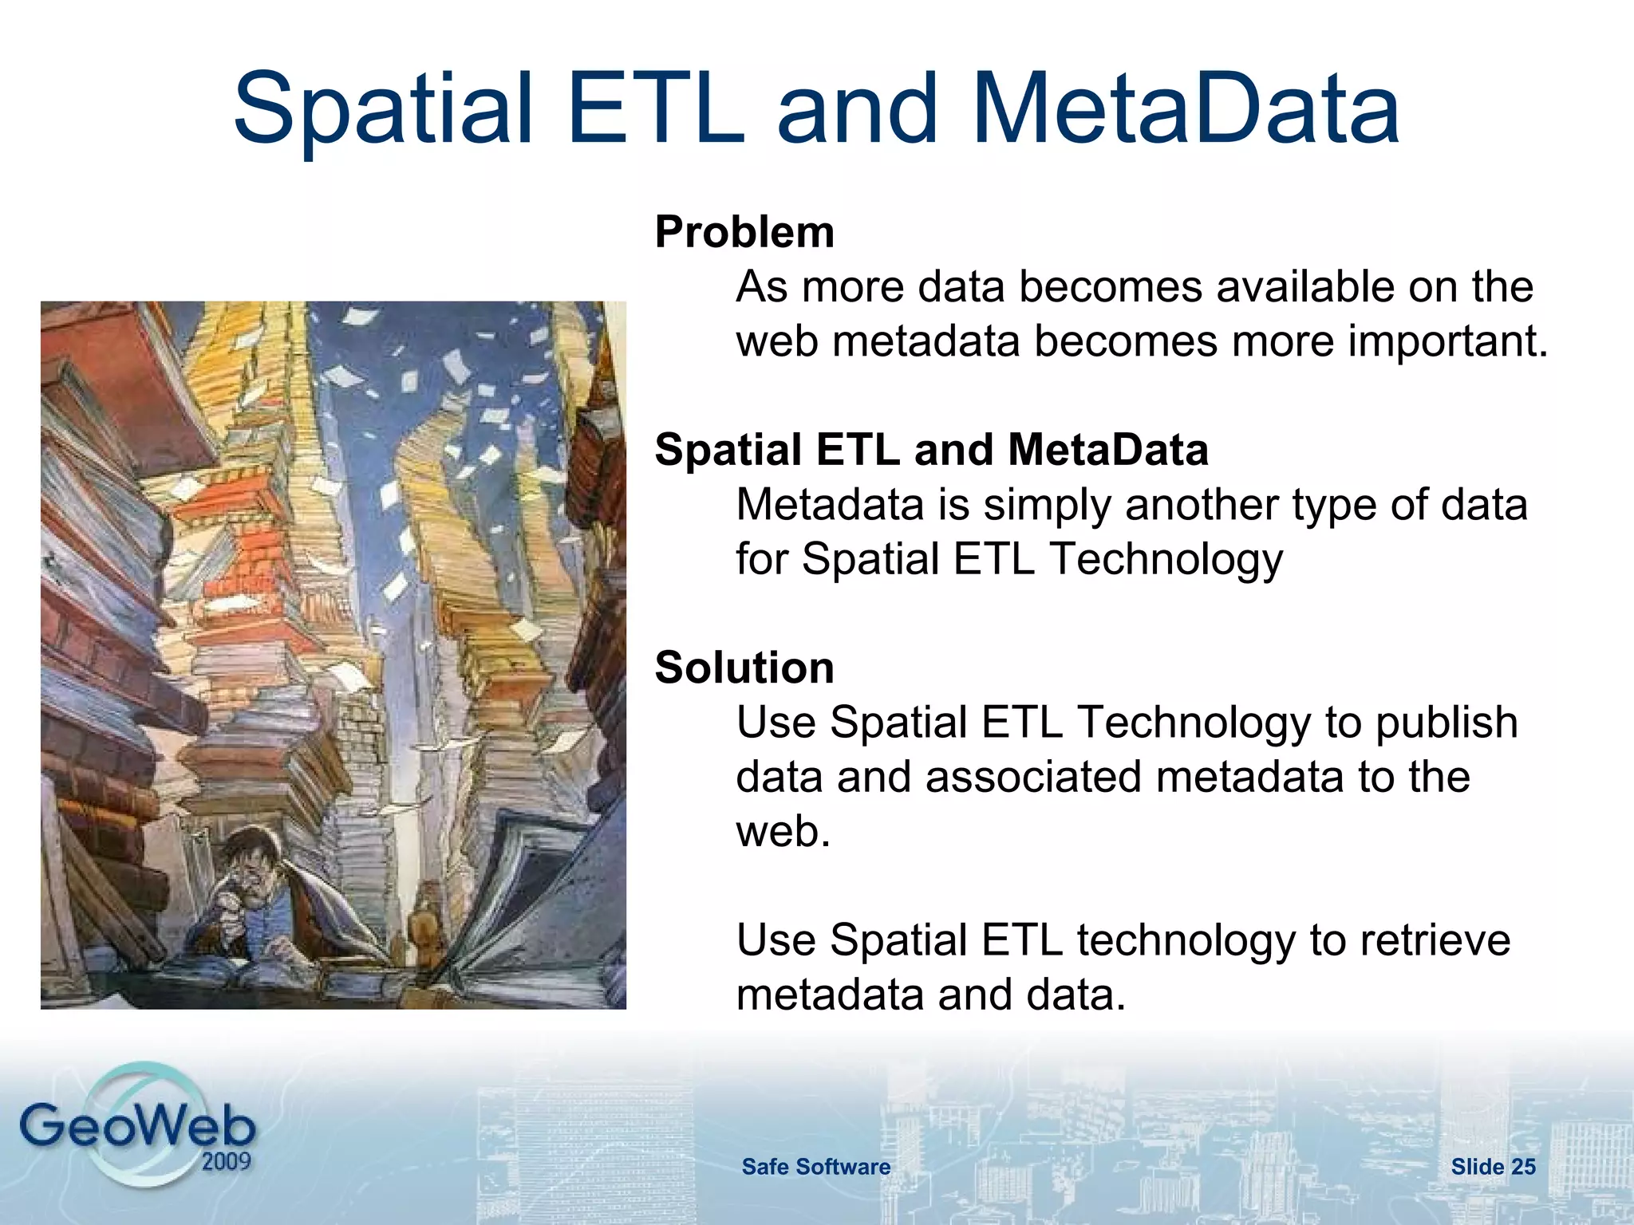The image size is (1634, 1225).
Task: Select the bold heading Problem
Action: coord(744,232)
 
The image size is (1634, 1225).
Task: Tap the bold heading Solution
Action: coord(744,668)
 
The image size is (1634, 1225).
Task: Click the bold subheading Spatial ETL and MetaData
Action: coord(931,450)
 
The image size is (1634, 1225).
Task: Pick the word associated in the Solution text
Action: coord(1033,778)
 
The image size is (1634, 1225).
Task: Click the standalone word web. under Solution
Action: coord(783,832)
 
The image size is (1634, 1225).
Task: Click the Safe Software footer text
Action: coord(815,1167)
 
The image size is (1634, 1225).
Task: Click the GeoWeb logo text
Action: coord(137,1126)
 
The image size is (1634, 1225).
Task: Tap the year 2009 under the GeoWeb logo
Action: coord(226,1161)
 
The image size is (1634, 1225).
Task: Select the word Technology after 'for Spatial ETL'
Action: coord(1166,559)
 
